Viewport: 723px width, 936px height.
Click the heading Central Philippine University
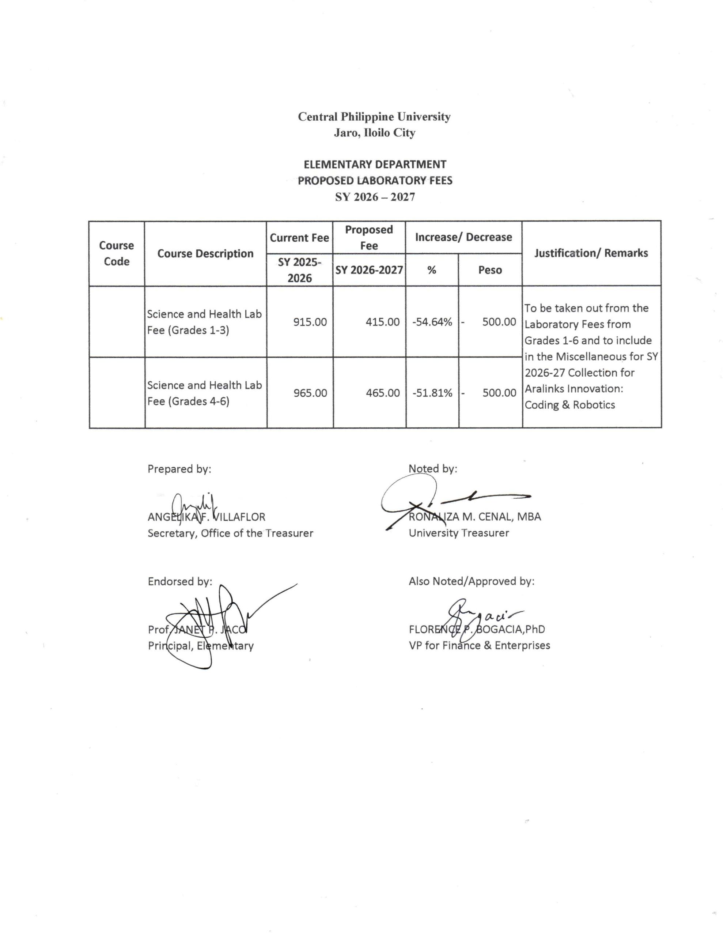(374, 117)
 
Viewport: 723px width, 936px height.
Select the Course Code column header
(117, 253)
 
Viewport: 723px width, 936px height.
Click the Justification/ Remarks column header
(591, 253)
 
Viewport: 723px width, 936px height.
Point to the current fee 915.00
(310, 322)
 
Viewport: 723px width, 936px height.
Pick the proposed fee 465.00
(383, 393)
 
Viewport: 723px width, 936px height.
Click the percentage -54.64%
(432, 322)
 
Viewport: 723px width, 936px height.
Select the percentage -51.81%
(432, 393)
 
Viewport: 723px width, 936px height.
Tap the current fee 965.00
(310, 393)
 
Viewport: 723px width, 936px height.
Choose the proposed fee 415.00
(382, 322)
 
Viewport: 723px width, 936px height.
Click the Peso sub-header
(490, 270)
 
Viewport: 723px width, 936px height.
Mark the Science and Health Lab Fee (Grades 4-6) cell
(204, 393)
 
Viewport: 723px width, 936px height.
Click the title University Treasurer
(459, 533)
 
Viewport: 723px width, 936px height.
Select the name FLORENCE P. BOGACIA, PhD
(477, 630)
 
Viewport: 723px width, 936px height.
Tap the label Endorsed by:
(179, 582)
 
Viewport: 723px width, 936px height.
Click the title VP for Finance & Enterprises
(479, 645)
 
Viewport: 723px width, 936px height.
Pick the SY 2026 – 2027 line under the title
(375, 197)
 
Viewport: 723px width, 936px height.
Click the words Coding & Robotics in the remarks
(569, 405)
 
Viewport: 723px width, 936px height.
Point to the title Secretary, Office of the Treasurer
(230, 533)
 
